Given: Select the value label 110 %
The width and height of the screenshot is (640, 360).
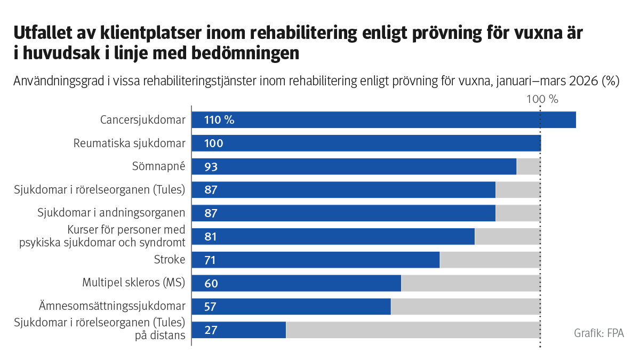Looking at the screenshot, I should click(x=219, y=120).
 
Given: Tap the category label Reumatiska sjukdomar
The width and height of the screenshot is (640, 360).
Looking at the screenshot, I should click(x=130, y=143).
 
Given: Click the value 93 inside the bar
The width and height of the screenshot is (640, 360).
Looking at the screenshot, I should click(x=211, y=167).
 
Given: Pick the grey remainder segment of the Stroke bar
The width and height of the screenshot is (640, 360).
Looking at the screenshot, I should click(x=490, y=260).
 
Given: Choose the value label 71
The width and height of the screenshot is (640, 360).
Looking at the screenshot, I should click(x=211, y=260).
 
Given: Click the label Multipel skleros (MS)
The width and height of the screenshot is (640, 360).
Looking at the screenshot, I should click(x=133, y=283).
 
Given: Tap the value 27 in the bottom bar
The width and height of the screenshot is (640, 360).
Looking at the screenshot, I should click(x=211, y=330).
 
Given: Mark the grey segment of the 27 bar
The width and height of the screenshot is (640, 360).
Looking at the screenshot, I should click(x=413, y=330).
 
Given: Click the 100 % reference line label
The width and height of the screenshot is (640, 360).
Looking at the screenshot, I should click(x=542, y=99).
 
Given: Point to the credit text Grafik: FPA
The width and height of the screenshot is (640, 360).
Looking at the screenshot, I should click(x=598, y=333).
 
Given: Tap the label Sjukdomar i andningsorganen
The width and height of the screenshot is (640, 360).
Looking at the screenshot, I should click(x=111, y=213).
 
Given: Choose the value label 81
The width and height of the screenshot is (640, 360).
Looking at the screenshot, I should click(x=211, y=237).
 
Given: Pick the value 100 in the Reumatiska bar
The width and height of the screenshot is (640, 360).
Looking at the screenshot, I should click(x=213, y=143).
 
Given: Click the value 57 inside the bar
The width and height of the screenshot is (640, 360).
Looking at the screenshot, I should click(x=211, y=307).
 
